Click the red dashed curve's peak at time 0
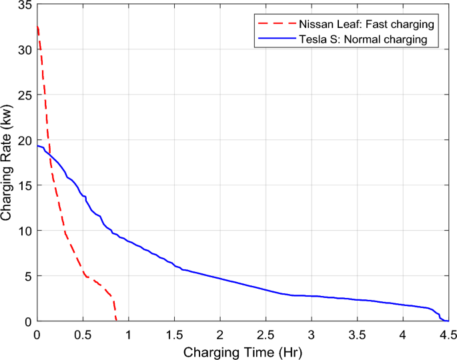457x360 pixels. (x=37, y=27)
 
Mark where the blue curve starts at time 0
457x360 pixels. (x=37, y=146)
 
